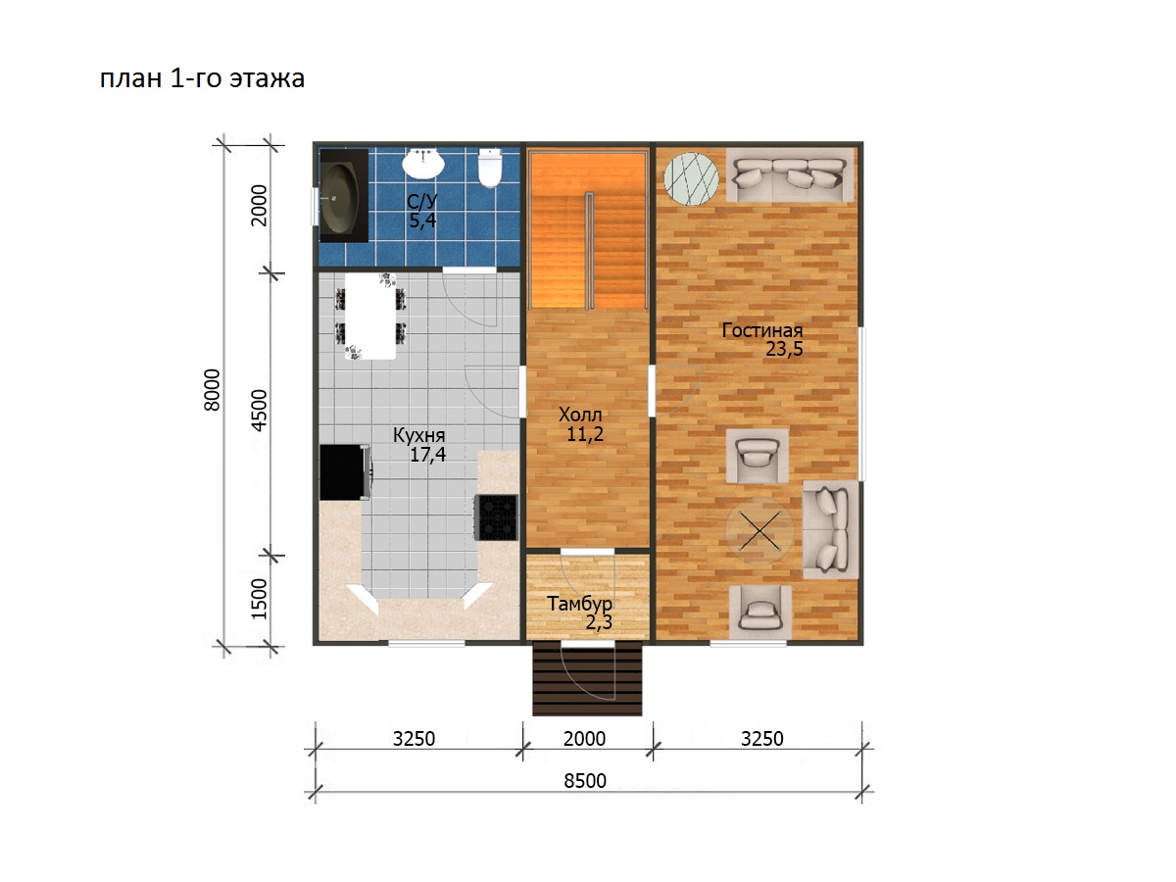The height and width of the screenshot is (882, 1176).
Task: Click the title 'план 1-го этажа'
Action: [203, 79]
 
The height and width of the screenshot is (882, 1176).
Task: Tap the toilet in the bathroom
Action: [489, 168]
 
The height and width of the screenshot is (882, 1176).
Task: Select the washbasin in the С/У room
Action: [423, 164]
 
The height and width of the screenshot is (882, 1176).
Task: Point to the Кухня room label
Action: [419, 435]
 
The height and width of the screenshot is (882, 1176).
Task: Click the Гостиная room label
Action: [761, 330]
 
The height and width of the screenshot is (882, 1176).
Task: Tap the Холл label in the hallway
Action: [580, 415]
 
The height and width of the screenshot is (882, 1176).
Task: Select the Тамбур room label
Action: [579, 604]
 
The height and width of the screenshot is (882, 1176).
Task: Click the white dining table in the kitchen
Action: [370, 316]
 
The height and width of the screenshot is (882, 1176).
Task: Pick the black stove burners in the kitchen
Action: [498, 517]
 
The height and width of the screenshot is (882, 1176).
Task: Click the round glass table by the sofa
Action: [691, 179]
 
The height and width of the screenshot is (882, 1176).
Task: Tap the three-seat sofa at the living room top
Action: [790, 175]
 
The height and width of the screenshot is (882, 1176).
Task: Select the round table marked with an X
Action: [759, 531]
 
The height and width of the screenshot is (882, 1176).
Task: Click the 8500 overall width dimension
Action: [585, 781]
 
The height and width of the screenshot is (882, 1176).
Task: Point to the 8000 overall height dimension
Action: [212, 390]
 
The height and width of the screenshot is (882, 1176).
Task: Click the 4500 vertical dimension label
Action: [259, 411]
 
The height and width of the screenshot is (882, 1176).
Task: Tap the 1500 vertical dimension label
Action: [259, 599]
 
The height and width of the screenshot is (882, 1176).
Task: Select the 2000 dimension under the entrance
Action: [584, 739]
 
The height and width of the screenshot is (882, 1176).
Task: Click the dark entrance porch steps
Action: [587, 678]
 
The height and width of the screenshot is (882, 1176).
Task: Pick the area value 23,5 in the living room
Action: [784, 349]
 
